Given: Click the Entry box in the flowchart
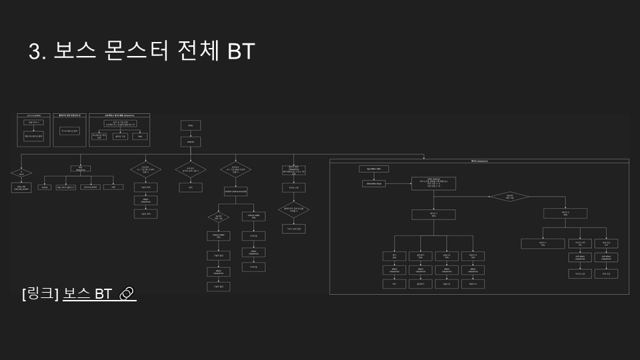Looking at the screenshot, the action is tap(191, 125).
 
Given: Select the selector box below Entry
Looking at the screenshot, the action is tap(191, 141).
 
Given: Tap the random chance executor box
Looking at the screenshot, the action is tap(236, 191).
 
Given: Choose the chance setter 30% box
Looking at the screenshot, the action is tap(253, 216).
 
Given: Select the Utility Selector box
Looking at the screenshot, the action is tap(433, 184).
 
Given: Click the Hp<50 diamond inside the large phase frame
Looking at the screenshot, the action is tap(509, 197).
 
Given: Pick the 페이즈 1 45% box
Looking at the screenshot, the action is tap(433, 214).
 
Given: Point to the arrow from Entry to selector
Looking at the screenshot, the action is tap(191, 133).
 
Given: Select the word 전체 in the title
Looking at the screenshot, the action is tap(197, 51).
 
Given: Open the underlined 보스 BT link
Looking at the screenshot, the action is tap(87, 293).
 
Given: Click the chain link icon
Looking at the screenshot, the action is tap(127, 293).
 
